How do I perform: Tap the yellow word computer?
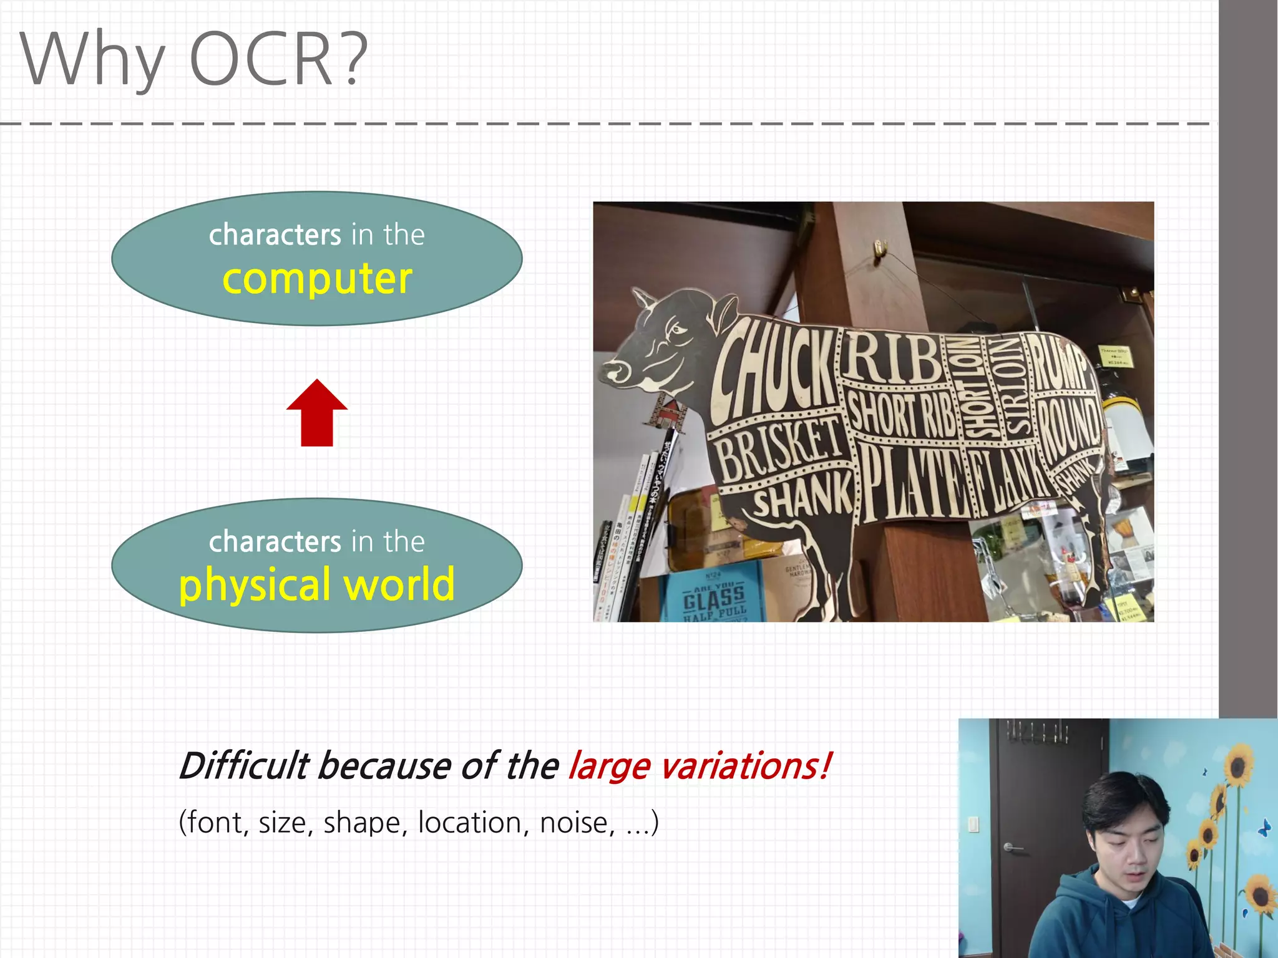317,279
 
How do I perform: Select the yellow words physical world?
317,585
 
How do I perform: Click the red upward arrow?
317,414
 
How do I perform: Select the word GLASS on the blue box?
714,599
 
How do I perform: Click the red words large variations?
699,766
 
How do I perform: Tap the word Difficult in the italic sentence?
243,766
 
